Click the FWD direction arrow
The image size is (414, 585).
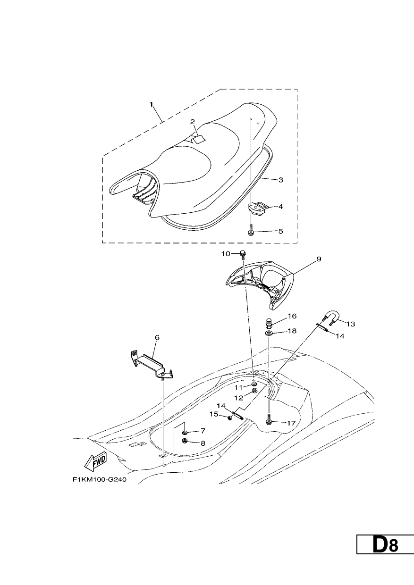[95, 464]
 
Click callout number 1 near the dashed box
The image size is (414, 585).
[152, 104]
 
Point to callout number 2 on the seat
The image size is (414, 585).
[193, 122]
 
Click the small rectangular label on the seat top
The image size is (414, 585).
[198, 140]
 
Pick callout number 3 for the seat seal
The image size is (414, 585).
[281, 180]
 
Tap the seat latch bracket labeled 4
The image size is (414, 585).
[255, 207]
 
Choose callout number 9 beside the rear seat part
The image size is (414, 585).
[319, 259]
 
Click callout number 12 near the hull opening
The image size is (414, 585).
[238, 398]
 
